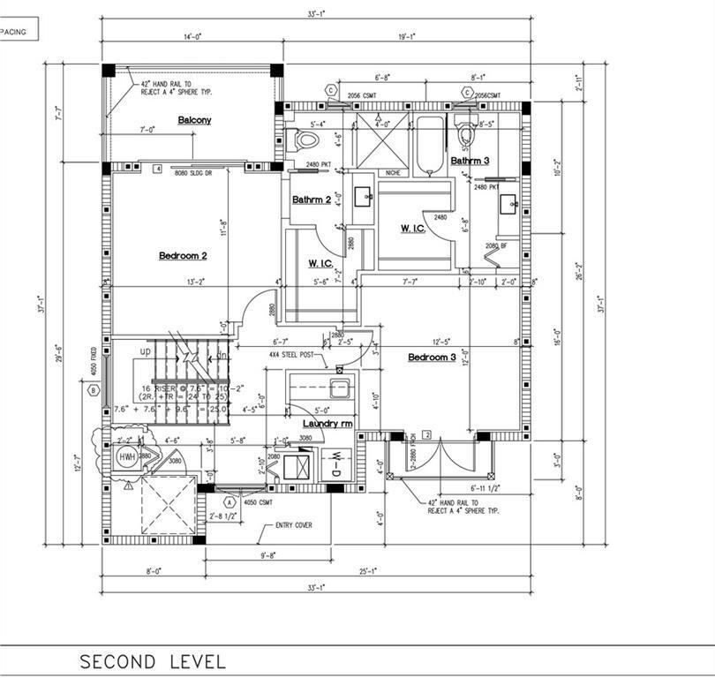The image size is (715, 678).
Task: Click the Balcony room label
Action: pyautogui.click(x=194, y=120)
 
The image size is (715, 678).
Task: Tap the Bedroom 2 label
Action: pyautogui.click(x=183, y=256)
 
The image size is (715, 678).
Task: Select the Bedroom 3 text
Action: pyautogui.click(x=431, y=358)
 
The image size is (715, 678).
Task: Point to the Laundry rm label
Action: pyautogui.click(x=328, y=424)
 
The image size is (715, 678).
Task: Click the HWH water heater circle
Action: pyautogui.click(x=128, y=456)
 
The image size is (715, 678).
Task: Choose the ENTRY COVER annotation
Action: pyautogui.click(x=291, y=525)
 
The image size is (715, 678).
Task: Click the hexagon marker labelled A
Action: pyautogui.click(x=229, y=501)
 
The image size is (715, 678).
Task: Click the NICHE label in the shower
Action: pyautogui.click(x=393, y=173)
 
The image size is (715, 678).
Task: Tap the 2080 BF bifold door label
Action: pyautogui.click(x=497, y=245)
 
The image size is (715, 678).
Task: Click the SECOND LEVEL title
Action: pyautogui.click(x=153, y=661)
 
